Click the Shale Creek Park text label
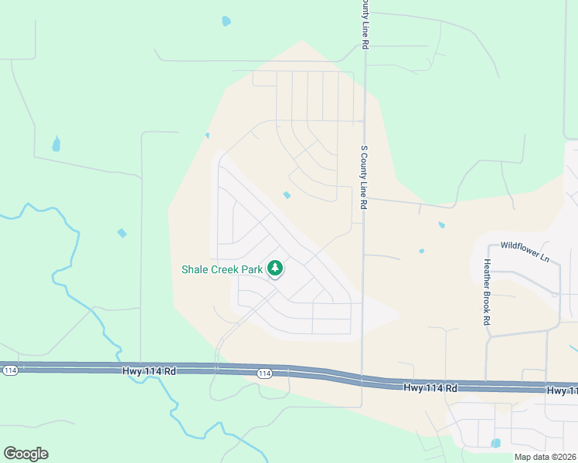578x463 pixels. tap(221, 269)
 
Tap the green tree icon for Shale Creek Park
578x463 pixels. tap(274, 269)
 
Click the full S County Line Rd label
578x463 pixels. tap(362, 177)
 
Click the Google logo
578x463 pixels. tap(25, 454)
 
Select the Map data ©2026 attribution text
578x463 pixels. tap(545, 457)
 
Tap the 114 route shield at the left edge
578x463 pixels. tap(10, 370)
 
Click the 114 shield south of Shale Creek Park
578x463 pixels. tap(264, 373)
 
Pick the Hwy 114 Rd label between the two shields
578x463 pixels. tap(149, 371)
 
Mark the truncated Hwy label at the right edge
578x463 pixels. tap(562, 391)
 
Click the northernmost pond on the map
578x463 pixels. tap(226, 21)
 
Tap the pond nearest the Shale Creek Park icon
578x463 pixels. tap(287, 195)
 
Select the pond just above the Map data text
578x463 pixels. tap(495, 443)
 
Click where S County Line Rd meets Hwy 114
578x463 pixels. tap(362, 380)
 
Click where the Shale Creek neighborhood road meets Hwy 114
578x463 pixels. tap(216, 369)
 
